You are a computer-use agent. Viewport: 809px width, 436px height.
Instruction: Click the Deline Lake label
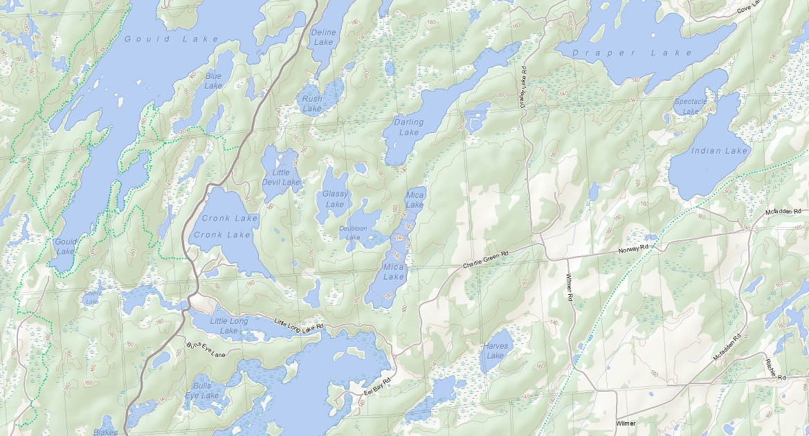click(x=324, y=37)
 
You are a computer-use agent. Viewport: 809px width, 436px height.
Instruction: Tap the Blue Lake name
click(x=214, y=80)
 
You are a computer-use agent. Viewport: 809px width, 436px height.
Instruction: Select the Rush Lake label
click(x=312, y=104)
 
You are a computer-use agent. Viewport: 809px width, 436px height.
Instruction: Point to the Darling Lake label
click(x=408, y=127)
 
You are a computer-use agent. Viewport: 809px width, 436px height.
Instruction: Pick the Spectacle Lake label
click(x=691, y=107)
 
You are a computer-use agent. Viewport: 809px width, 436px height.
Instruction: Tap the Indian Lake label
click(x=720, y=151)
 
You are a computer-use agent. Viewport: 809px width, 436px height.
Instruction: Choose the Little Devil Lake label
click(x=281, y=178)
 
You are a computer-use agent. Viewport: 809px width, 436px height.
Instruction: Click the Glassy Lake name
click(x=334, y=199)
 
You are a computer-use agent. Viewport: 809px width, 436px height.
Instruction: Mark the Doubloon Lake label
click(x=353, y=233)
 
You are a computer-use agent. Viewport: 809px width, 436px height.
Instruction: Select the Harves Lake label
click(x=496, y=351)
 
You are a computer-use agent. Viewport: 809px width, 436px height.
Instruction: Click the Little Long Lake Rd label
click(x=299, y=325)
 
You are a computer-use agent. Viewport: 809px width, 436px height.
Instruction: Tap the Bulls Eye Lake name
click(x=202, y=390)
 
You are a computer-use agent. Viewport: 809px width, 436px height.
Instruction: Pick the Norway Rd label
click(x=634, y=248)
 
